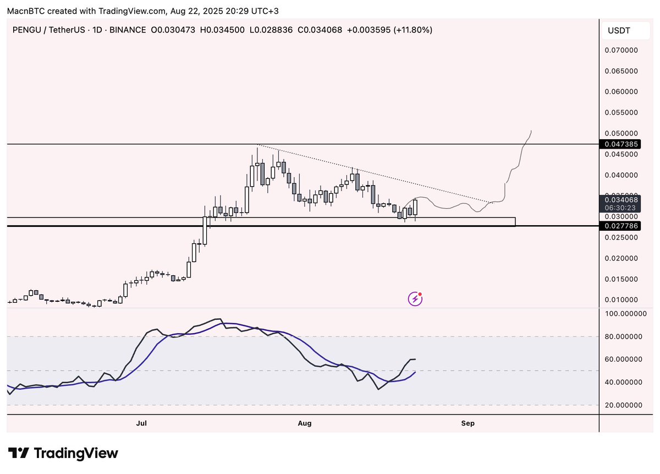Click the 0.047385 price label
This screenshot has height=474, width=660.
coord(620,144)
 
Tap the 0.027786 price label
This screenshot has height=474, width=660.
coord(620,226)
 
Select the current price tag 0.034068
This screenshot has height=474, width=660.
coord(620,200)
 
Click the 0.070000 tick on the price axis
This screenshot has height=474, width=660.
coord(621,50)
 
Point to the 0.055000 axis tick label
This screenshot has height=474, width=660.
coord(621,112)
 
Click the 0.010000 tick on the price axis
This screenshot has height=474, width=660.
coord(621,299)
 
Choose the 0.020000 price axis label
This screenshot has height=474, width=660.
coord(621,258)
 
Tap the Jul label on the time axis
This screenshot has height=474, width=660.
coord(141,423)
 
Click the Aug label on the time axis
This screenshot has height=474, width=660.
coord(305,423)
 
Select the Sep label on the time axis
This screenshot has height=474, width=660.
coord(468,423)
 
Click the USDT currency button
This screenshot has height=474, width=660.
coord(625,30)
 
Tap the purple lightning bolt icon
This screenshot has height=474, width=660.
coord(415,299)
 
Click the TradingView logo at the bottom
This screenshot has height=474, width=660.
coord(63,453)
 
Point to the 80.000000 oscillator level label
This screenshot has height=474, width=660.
coord(624,336)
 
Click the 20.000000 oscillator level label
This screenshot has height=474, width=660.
coord(624,405)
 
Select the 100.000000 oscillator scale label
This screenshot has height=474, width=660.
coord(626,314)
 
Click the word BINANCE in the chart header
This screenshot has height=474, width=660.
coord(128,30)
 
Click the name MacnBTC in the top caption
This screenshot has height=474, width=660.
coord(26,11)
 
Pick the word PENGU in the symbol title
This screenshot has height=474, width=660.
coord(27,30)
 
